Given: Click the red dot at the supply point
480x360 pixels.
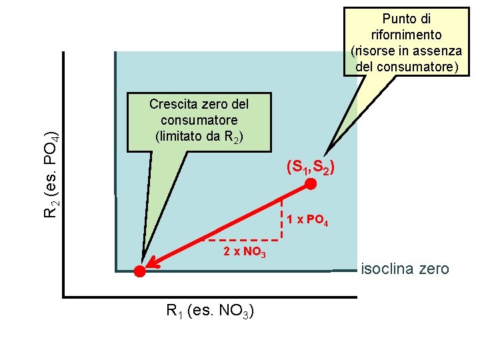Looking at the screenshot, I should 311,184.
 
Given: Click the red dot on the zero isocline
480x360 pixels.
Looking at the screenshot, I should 139,271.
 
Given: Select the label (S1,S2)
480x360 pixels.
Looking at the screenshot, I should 310,167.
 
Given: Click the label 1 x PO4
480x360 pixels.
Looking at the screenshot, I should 308,221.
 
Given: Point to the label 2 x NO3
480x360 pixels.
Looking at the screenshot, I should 245,252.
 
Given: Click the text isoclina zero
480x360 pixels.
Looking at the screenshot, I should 405,269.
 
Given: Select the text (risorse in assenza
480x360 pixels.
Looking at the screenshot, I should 406,51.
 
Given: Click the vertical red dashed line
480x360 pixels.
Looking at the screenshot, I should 282,218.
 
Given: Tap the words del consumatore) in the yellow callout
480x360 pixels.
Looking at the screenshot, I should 407,67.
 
